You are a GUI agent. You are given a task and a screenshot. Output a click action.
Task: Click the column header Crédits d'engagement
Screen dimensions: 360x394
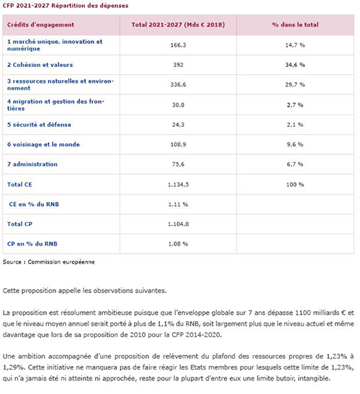point(40,24)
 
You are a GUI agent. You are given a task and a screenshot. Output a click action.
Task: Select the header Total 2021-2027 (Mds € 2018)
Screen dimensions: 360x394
point(178,24)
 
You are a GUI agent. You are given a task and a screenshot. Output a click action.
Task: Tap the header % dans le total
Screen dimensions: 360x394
point(295,24)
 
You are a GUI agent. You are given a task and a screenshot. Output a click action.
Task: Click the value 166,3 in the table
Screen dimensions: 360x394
point(178,45)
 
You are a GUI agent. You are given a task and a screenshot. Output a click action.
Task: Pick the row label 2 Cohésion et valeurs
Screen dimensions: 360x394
point(40,65)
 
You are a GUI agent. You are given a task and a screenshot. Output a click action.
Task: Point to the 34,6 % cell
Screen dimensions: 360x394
point(295,65)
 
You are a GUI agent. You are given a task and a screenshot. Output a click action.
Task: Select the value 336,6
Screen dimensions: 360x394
point(178,85)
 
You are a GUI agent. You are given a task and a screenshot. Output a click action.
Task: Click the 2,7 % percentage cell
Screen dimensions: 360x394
point(295,105)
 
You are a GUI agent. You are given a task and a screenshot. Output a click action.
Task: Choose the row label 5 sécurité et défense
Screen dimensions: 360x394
point(39,125)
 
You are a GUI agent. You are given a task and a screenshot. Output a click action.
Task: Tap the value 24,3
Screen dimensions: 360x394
point(178,125)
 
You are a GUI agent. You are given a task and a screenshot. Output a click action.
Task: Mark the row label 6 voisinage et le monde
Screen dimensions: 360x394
point(43,145)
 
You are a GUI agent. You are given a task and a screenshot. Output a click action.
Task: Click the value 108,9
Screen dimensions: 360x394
point(178,145)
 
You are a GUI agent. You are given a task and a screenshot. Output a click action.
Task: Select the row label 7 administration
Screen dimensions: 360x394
point(32,164)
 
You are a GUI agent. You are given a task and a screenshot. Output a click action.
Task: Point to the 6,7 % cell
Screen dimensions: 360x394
point(295,164)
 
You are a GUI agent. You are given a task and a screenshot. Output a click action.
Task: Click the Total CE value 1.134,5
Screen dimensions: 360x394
point(178,184)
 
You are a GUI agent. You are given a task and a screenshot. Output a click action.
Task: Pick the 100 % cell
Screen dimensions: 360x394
point(295,184)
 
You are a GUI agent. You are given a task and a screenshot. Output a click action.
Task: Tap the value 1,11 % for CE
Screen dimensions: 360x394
point(178,205)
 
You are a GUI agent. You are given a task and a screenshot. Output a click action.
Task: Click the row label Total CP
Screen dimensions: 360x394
point(19,224)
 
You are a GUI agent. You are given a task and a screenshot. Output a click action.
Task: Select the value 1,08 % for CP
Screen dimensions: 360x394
point(178,244)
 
